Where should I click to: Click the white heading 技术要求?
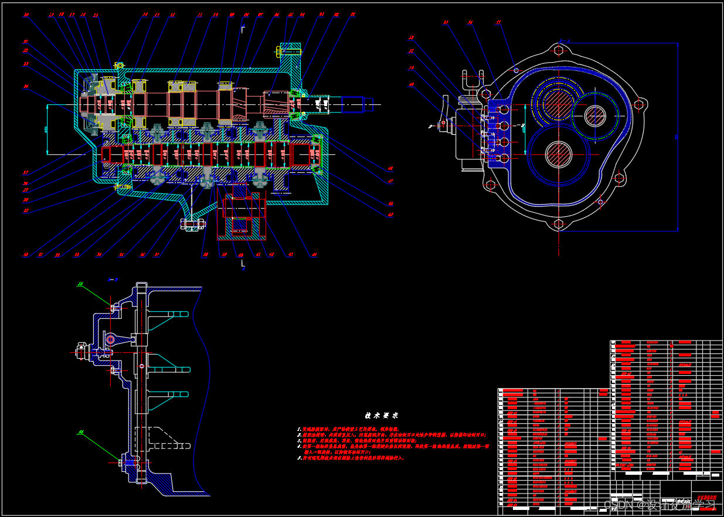382,416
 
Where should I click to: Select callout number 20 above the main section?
26,15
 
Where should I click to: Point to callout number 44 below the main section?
314,255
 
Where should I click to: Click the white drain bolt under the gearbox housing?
192,223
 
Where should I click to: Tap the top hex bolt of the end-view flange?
558,50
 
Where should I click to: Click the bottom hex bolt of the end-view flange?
558,224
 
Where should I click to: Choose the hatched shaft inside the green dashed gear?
595,115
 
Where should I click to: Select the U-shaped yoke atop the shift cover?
473,80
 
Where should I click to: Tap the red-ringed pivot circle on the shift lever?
110,339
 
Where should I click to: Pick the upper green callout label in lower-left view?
80,284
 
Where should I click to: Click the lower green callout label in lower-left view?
80,433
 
